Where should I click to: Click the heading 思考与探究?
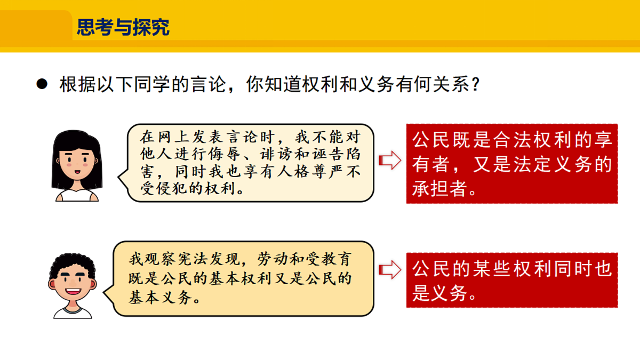tap(123, 27)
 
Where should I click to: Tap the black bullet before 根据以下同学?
tap(42, 85)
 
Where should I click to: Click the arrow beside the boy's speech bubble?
tap(389, 270)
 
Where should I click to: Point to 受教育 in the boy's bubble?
tap(331, 260)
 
